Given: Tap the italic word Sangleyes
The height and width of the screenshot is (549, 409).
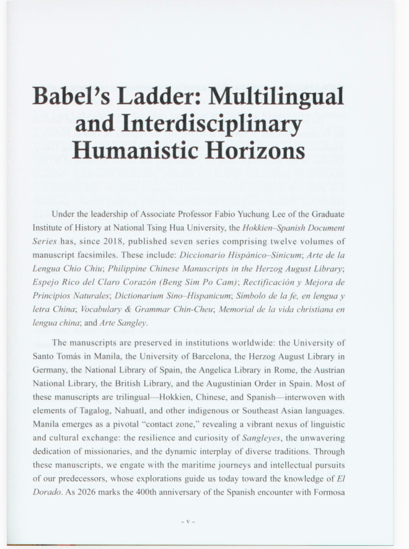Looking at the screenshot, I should tap(262, 438).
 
